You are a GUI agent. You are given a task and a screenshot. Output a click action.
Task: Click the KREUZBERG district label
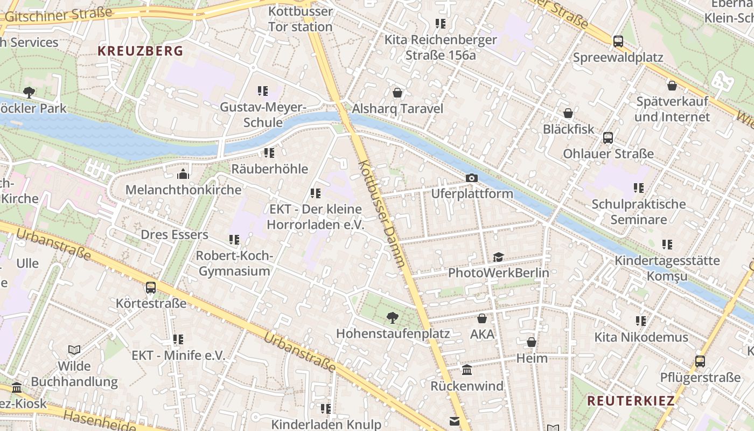pos(140,51)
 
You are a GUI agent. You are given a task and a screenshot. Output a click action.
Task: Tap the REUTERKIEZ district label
pos(631,401)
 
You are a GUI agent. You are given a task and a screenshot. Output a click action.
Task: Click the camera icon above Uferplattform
pos(471,178)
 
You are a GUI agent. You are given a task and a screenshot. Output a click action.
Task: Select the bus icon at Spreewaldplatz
pos(618,41)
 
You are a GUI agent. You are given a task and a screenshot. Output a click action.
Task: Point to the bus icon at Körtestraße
pos(151,288)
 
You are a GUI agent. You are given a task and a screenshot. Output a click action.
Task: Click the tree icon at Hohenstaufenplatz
pos(393,318)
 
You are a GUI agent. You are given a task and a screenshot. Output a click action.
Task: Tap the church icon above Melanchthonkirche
pos(183,175)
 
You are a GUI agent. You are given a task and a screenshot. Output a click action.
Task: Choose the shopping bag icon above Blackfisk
pos(568,113)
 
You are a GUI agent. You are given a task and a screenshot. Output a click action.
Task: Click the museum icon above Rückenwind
pos(466,370)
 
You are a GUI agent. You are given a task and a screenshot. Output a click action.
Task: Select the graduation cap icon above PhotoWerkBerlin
pos(498,257)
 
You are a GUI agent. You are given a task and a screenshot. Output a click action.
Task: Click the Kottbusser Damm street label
pos(381,213)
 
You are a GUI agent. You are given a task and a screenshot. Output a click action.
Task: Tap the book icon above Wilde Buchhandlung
pos(74,350)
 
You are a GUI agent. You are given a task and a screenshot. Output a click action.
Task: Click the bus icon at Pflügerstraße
pos(700,362)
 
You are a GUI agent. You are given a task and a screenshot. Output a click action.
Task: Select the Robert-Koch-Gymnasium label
pos(234,263)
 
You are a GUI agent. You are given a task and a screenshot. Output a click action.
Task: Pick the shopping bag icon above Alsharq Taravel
pos(397,93)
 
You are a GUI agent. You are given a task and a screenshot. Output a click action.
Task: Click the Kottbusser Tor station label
pos(300,19)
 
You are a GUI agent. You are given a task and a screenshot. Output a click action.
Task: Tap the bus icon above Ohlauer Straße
pos(608,138)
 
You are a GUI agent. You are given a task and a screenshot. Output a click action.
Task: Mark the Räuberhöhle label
pos(269,169)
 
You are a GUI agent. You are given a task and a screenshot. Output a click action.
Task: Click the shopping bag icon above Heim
pos(532,343)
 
